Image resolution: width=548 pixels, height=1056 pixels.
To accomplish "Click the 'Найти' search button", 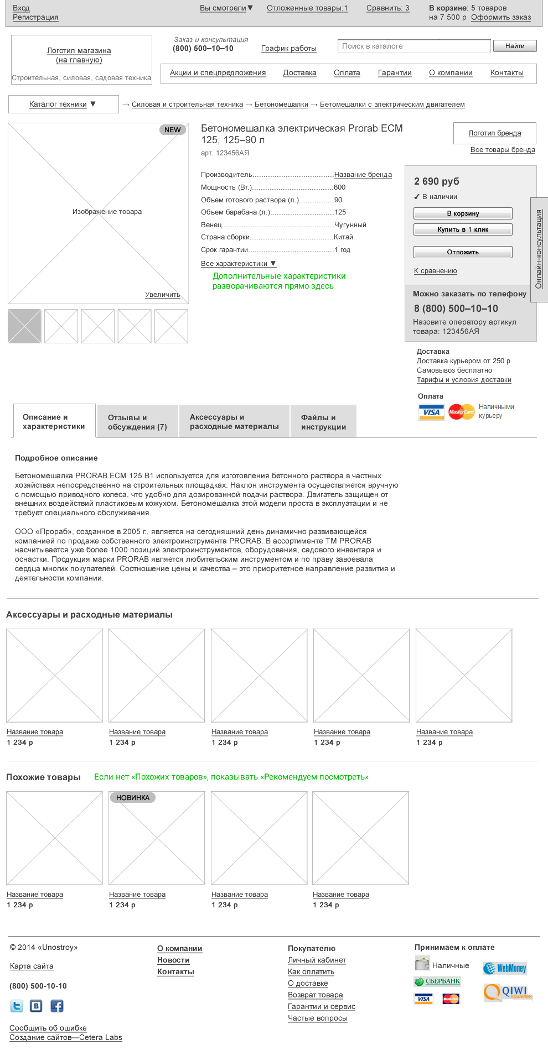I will coord(514,46).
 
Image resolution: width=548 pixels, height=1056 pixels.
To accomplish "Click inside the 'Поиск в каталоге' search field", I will coord(413,46).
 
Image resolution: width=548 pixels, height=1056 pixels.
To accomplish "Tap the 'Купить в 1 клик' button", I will coord(463,229).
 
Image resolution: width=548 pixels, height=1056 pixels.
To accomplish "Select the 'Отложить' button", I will coord(463,252).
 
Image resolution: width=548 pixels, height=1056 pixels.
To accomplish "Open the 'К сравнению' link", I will coord(436,271).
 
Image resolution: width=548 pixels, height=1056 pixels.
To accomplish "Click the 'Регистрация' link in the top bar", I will coord(35,17).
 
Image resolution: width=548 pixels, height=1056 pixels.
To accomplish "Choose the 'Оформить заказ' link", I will coord(501,17).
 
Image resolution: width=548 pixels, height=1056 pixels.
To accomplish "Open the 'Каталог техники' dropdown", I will coord(63,104).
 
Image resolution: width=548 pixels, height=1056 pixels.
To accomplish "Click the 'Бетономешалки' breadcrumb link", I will coord(281,104).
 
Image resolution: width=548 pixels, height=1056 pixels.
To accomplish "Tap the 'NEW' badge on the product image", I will coord(173,130).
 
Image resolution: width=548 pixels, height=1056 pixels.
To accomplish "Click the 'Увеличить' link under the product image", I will coord(163,295).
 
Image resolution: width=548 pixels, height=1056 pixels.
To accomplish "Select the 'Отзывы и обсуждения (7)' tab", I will coord(137,422).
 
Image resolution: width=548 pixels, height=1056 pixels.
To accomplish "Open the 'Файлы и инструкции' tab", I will coord(323,422).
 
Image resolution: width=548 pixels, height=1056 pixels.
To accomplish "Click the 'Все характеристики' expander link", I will coord(238,264).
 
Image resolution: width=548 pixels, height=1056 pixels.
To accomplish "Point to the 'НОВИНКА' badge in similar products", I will coord(133,798).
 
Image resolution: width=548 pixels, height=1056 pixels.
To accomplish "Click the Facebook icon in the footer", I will coord(57,1006).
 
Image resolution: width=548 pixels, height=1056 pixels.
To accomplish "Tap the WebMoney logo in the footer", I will coord(505,968).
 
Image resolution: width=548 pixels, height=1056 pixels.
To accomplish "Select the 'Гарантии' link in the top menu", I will coord(395,73).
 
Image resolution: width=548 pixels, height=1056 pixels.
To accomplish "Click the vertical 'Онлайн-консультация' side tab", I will coord(539,249).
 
